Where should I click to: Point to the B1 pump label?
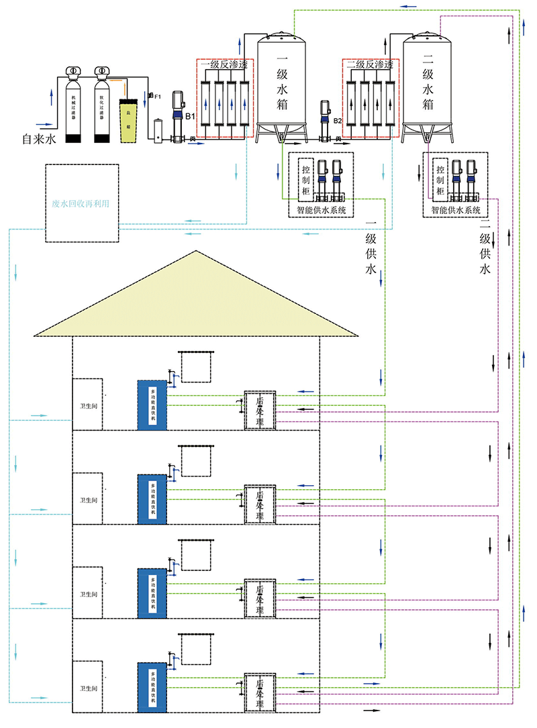(x=191, y=116)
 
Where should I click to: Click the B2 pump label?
(x=338, y=121)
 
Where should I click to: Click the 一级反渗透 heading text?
(x=224, y=65)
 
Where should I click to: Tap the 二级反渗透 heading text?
(x=370, y=65)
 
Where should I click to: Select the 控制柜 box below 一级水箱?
(x=306, y=179)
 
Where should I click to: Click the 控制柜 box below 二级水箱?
(x=440, y=179)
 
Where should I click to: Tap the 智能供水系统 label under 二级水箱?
(x=456, y=210)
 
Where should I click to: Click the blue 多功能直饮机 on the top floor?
(x=152, y=405)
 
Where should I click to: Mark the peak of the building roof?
(x=196, y=252)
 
